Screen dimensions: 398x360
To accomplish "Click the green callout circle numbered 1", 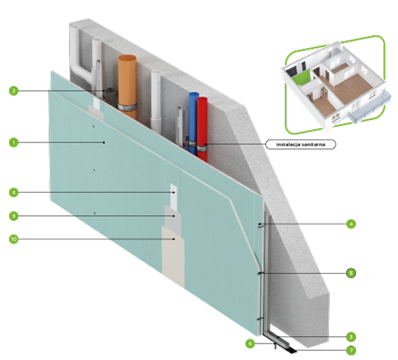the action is (13, 142).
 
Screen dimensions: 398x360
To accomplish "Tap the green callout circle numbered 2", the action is (13, 91).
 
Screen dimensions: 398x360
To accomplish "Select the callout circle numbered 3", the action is (351, 337).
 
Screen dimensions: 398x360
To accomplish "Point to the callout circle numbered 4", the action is (351, 223).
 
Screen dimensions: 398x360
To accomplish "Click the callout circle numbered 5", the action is (351, 273).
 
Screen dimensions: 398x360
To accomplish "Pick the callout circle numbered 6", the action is (250, 343).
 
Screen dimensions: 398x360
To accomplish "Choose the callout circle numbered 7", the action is (351, 350).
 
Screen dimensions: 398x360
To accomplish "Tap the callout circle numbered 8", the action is (13, 192).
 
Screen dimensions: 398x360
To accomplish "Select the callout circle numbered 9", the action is (13, 216).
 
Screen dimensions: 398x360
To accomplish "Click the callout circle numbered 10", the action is (13, 239).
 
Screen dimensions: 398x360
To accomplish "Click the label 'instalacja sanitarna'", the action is (301, 144).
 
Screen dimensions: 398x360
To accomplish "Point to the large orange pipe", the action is (127, 86).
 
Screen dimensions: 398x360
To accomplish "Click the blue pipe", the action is (193, 122).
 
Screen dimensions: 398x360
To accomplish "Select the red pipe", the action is (202, 128).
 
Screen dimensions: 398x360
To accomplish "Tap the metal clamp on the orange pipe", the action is (127, 106).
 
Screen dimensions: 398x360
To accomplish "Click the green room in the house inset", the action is (302, 76).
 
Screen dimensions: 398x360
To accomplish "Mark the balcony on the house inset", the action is (370, 106).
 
